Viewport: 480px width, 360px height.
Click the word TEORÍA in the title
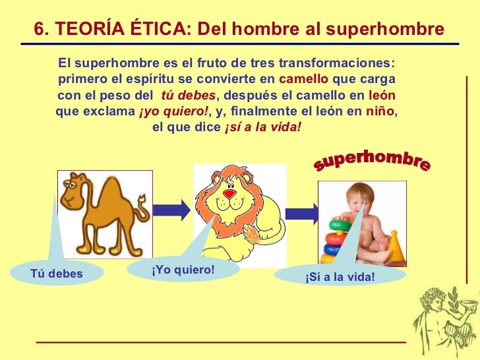click(x=91, y=28)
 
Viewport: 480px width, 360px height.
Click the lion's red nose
click(x=229, y=195)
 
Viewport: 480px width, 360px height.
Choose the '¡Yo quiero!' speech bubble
click(x=183, y=270)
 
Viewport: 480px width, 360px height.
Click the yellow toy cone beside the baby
click(x=395, y=246)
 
